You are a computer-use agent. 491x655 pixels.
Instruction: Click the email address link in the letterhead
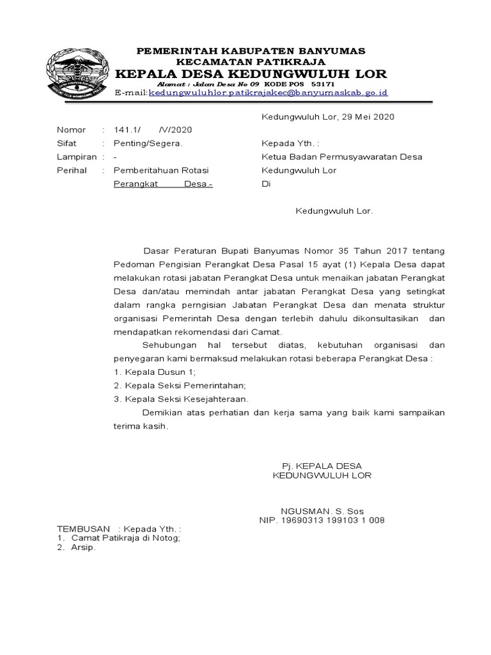(268, 93)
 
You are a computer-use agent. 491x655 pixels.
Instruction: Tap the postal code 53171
(322, 84)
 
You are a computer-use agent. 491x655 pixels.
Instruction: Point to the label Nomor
(71, 130)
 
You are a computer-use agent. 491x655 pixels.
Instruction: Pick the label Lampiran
(77, 157)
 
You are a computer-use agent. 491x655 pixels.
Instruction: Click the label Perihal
(72, 171)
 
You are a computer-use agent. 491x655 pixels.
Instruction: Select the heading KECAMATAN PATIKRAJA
(251, 62)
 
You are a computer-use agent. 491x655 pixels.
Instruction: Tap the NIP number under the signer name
(322, 520)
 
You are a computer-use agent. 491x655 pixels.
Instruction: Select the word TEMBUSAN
(82, 530)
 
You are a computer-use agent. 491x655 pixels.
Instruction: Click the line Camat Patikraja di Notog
(126, 539)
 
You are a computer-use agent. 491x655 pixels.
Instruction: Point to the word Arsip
(83, 548)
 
